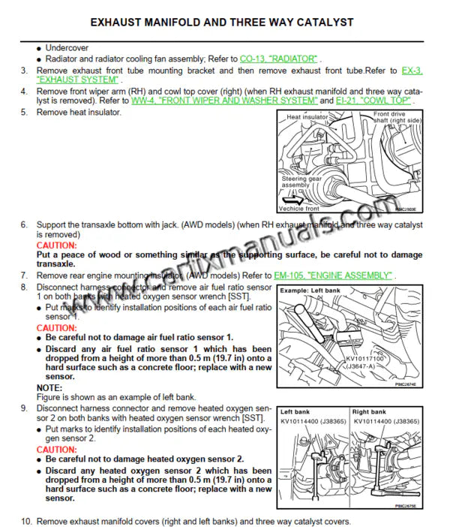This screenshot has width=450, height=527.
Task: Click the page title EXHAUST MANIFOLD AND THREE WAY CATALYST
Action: (x=225, y=22)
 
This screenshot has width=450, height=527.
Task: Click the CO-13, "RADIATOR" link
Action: (x=279, y=58)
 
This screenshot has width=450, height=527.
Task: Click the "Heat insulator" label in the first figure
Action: (x=307, y=118)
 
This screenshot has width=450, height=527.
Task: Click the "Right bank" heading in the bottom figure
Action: (x=368, y=412)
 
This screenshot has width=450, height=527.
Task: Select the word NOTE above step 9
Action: (x=49, y=387)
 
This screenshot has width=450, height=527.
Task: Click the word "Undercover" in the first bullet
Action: (x=67, y=47)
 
